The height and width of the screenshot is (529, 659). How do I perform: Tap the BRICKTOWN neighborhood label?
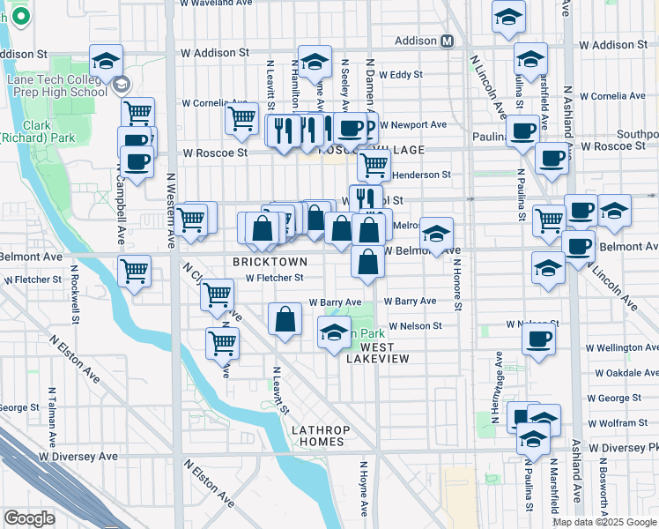coord(270,262)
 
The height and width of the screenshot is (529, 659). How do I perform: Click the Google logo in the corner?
coord(29,518)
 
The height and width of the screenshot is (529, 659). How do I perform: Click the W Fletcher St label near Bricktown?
coord(274,278)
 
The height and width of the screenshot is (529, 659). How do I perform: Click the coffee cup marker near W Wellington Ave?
coord(538,339)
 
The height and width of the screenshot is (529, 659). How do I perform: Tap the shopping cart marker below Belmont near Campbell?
coord(134,270)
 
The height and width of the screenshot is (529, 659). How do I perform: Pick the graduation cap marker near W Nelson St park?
coord(333,332)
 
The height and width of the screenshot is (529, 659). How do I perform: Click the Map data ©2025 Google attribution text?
coord(604,521)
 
